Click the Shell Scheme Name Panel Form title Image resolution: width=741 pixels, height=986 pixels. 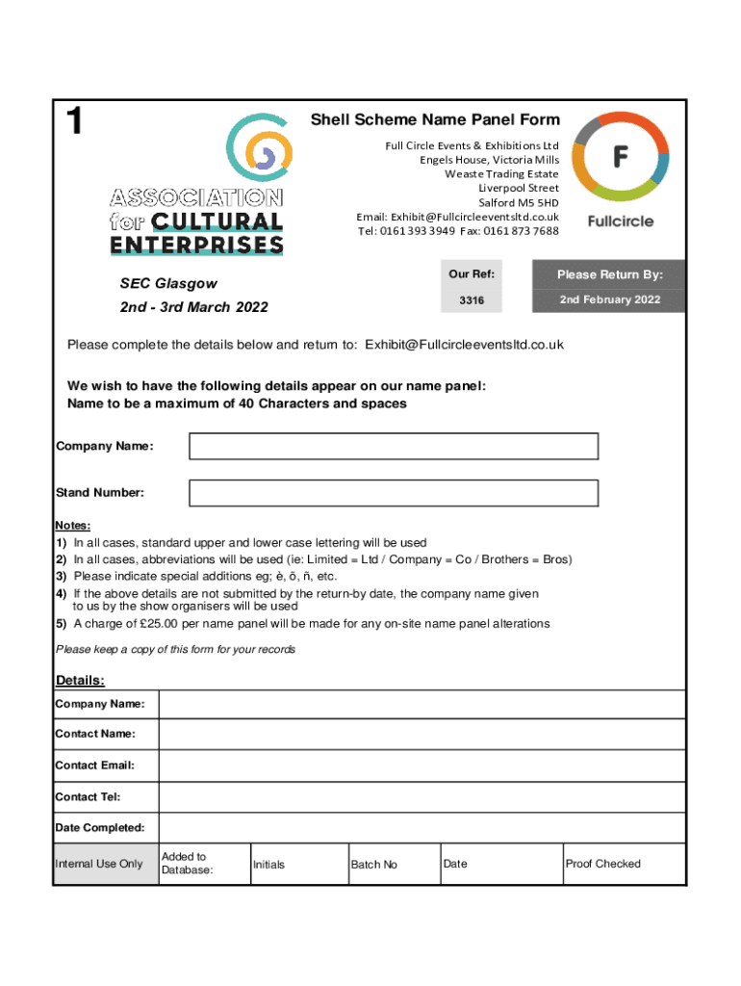434,120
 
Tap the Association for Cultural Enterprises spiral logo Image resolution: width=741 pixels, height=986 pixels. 257,150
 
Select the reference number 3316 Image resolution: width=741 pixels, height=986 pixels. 472,300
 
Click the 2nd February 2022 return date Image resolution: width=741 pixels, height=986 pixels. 610,299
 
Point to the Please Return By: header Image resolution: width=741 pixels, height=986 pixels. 610,275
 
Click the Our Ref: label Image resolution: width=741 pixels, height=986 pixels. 472,274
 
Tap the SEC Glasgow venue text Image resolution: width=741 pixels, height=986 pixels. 168,284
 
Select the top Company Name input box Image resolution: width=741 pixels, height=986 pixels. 394,447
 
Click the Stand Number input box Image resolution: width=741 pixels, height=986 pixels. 394,493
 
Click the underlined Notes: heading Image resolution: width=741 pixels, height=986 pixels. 73,526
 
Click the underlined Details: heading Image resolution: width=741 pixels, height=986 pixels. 80,681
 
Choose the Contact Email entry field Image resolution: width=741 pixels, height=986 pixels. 422,765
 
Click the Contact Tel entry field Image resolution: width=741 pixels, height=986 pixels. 422,797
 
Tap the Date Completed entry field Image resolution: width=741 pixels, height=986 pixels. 422,828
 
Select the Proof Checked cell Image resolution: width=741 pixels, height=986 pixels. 624,864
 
